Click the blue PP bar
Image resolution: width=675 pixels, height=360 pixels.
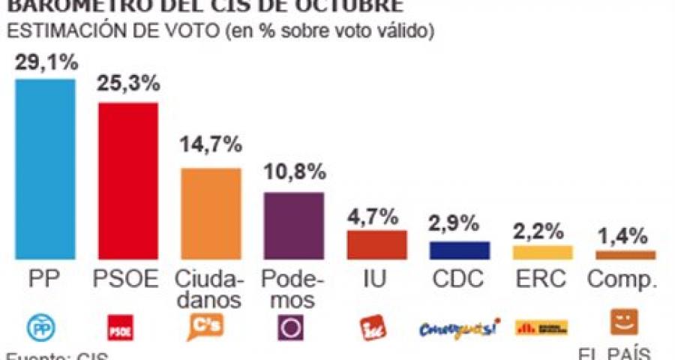coord(45,169)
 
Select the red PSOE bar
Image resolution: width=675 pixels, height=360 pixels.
coord(128,180)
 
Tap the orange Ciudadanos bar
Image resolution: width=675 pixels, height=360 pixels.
coord(211,214)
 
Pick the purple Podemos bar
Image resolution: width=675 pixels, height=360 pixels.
coord(293,226)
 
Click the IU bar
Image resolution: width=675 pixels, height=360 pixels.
coord(376,244)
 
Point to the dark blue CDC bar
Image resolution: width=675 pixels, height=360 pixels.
coord(459,250)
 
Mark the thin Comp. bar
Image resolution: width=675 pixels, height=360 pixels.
coord(625,255)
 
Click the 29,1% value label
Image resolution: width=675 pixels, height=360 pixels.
coord(46,64)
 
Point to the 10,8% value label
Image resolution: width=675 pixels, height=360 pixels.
coord(294,172)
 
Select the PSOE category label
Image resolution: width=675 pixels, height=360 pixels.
coord(128,279)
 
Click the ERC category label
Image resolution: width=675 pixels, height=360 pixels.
coord(542,279)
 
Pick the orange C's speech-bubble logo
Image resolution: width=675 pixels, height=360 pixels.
coord(203,327)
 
